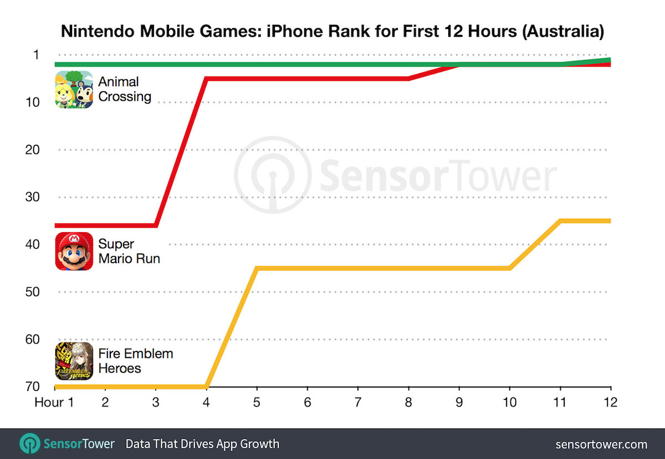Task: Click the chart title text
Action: (x=332, y=31)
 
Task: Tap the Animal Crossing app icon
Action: (x=74, y=90)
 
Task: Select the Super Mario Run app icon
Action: (x=74, y=251)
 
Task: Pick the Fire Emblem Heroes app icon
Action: (x=74, y=361)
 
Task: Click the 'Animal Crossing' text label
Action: (x=125, y=89)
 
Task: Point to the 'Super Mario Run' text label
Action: (x=129, y=251)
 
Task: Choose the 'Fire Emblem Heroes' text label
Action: (x=136, y=361)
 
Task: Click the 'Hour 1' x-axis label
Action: (x=54, y=401)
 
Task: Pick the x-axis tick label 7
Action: (x=358, y=401)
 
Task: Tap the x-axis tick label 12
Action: (x=610, y=401)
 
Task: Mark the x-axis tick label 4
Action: (x=206, y=401)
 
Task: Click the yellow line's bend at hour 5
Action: (x=257, y=269)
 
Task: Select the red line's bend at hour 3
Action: (x=156, y=225)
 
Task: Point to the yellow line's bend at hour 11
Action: (x=560, y=221)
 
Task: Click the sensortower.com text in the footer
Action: (x=601, y=444)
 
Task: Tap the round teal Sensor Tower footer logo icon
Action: (x=30, y=444)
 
